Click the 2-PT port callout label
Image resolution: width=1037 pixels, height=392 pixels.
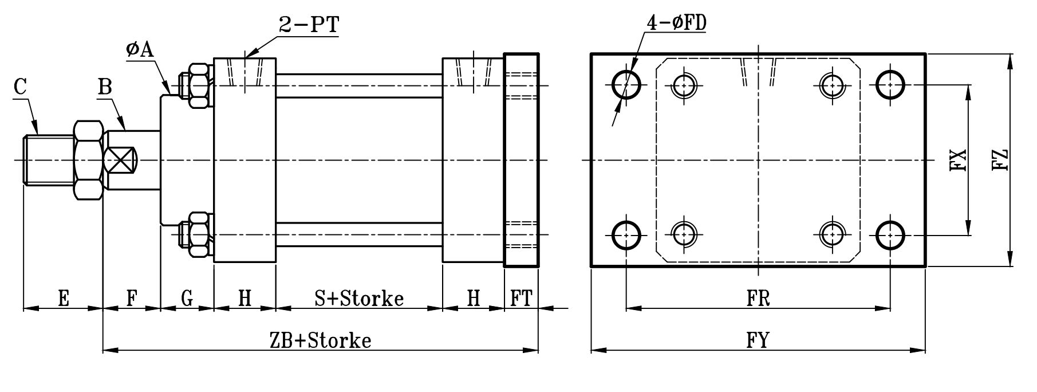309,24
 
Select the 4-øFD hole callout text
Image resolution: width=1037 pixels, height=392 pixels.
676,22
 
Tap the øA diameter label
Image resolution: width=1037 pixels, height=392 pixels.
140,49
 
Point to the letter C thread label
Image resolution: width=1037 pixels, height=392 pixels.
21,88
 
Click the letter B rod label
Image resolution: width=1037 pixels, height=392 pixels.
105,87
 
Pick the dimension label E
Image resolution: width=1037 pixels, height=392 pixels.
64,298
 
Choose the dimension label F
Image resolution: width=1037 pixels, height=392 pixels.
132,298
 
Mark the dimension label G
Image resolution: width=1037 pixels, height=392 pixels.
187,298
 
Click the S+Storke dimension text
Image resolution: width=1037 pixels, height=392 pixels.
359,298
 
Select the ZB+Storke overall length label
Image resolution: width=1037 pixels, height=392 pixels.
321,340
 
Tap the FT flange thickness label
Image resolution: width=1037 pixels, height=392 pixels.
521,298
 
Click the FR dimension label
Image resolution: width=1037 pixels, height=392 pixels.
758,298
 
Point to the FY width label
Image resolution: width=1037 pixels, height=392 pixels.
758,340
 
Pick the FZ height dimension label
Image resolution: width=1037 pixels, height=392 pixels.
1000,160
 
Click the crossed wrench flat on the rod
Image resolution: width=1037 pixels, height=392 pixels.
122,160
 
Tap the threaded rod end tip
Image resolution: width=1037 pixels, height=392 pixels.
26,160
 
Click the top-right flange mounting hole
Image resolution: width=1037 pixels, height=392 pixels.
890,85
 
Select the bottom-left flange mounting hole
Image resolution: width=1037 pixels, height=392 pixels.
626,234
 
